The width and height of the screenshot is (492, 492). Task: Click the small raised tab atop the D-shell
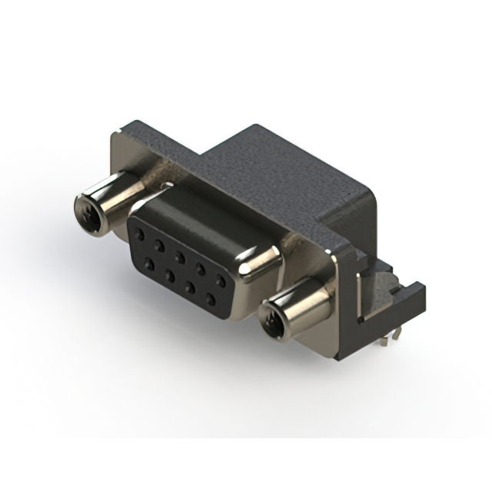tap(165, 186)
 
